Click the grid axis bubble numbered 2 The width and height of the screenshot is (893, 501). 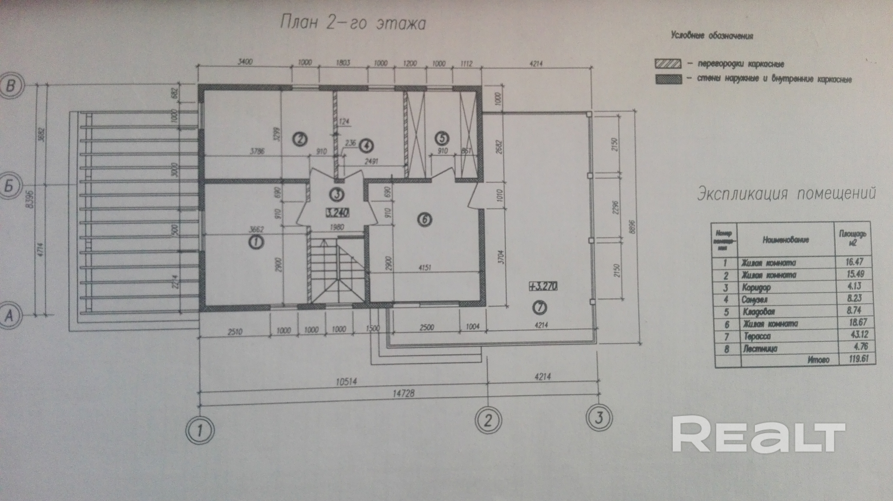click(x=488, y=420)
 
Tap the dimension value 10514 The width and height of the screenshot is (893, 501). click(x=347, y=382)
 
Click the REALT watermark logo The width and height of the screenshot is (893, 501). click(x=758, y=438)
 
